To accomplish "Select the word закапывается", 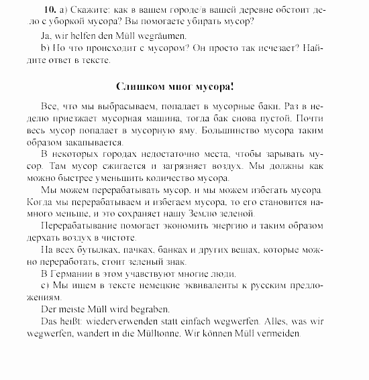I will coord(99,142).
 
